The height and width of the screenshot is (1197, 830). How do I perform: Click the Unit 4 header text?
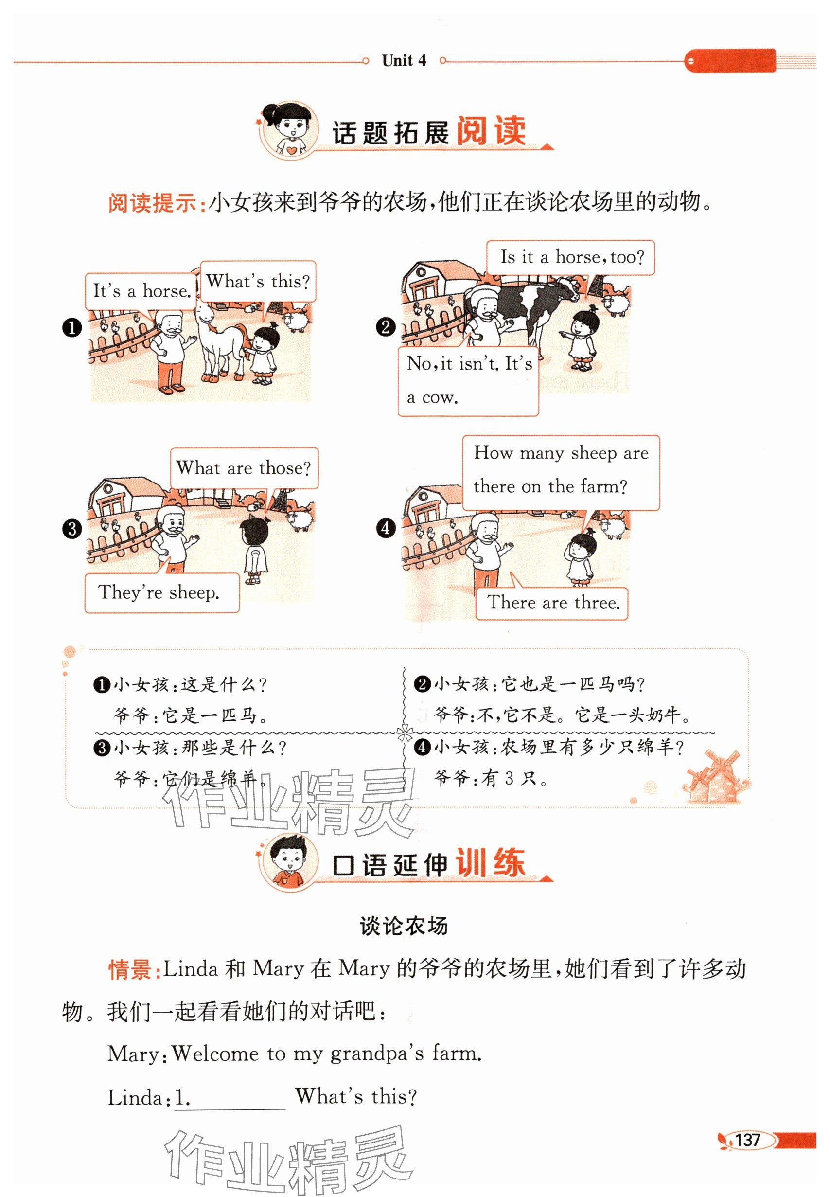pos(404,61)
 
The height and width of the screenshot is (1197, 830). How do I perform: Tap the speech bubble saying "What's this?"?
pos(258,282)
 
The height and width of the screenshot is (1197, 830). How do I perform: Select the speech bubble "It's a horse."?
pos(141,291)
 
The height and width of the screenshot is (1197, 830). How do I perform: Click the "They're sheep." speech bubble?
pos(162,592)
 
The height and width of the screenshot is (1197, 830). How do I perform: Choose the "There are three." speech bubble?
pos(552,603)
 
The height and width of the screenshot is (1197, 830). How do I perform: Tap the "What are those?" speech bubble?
pos(244,468)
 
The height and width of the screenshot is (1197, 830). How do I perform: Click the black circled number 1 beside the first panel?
pos(72,328)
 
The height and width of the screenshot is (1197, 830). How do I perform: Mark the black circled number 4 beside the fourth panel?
pos(386,528)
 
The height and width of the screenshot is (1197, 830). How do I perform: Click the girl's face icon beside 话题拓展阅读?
pos(289,130)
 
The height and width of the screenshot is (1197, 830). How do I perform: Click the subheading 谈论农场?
pos(404,926)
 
